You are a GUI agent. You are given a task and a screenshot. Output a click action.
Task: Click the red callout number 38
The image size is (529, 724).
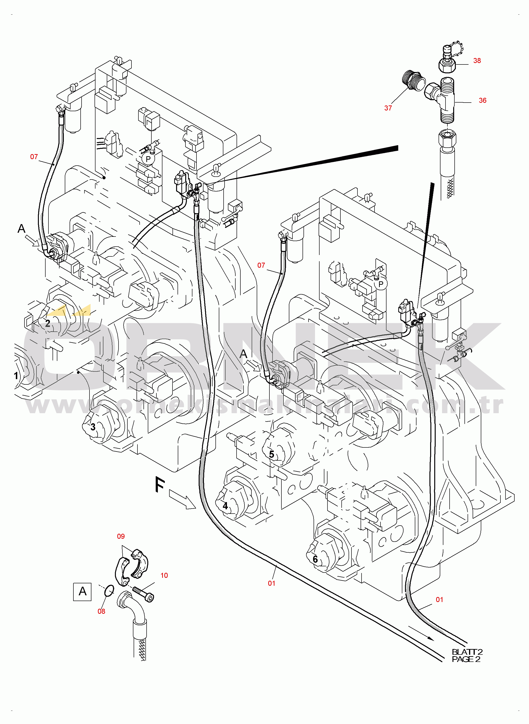477,61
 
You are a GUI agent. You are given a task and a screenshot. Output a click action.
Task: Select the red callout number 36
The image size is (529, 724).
482,100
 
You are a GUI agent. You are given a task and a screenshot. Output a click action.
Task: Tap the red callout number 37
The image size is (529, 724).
388,108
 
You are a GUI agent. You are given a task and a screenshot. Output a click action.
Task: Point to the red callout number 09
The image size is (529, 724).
121,536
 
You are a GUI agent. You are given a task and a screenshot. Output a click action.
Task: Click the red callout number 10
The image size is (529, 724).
164,575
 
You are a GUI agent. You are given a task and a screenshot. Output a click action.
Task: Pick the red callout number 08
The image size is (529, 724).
101,611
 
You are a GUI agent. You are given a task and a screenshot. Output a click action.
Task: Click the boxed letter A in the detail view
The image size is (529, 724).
82,592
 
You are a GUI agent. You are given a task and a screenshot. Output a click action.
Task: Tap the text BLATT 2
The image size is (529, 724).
467,651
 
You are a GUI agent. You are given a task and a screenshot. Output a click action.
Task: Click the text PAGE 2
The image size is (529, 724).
466,659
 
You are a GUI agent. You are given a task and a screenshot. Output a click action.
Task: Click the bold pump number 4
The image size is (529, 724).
225,506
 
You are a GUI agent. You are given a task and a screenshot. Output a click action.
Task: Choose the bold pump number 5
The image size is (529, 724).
271,454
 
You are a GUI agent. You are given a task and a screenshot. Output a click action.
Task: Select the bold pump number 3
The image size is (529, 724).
93,427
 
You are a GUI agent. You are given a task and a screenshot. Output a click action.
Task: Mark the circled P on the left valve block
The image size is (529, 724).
148,159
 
